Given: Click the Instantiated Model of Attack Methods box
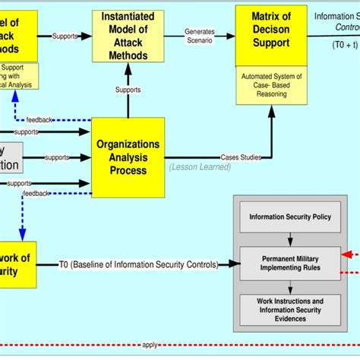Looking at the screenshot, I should tap(128, 36).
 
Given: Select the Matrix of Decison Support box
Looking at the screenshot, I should tap(272, 35).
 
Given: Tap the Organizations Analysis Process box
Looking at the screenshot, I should tap(128, 157).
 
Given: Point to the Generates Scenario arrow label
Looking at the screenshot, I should tap(200, 36).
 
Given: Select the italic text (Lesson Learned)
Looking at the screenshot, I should tap(200, 167).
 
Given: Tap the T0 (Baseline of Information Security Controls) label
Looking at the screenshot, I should tap(138, 264).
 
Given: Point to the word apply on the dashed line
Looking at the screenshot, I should tap(150, 345).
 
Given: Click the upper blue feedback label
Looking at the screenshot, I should tap(39, 119).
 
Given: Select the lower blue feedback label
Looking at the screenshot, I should tap(36, 194).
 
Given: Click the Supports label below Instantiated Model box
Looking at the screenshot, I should tap(128, 90).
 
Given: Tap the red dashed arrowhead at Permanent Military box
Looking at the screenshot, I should tap(346, 254).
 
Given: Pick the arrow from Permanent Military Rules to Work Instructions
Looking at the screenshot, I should tap(290, 288).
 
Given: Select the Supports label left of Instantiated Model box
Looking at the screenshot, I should tap(65, 36).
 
